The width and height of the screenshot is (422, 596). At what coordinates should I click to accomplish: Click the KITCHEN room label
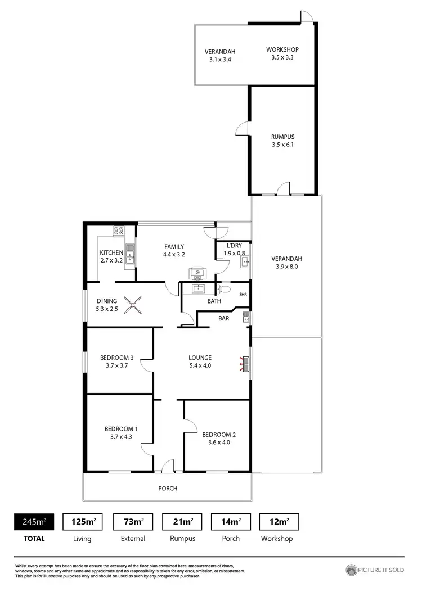(x=111, y=252)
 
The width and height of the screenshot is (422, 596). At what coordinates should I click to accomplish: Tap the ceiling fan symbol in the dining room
(x=134, y=305)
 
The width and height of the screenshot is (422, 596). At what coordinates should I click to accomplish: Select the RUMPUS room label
(x=282, y=137)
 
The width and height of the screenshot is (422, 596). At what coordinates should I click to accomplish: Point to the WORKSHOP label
(x=282, y=49)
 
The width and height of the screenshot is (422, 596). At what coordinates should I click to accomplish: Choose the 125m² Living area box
(x=82, y=522)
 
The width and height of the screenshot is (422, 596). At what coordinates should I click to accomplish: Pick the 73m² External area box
(x=133, y=522)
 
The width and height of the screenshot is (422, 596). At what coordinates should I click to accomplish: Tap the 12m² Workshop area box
(x=279, y=522)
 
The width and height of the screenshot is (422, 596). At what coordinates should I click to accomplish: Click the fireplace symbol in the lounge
(x=245, y=364)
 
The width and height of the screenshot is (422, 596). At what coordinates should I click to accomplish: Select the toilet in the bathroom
(x=224, y=289)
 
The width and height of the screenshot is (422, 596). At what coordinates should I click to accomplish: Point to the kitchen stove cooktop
(x=119, y=230)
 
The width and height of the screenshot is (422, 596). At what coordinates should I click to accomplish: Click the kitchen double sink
(x=130, y=254)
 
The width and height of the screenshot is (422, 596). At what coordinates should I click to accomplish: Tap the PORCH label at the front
(x=168, y=488)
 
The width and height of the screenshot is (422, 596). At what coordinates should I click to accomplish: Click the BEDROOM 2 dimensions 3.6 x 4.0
(x=219, y=442)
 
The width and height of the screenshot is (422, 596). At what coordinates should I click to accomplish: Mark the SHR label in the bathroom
(x=243, y=295)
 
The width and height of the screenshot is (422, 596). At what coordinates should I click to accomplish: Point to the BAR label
(x=223, y=318)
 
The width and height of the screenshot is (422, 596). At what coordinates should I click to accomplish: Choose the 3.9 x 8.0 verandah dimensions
(x=286, y=267)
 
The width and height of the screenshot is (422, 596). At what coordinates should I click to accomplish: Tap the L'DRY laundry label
(x=234, y=246)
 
